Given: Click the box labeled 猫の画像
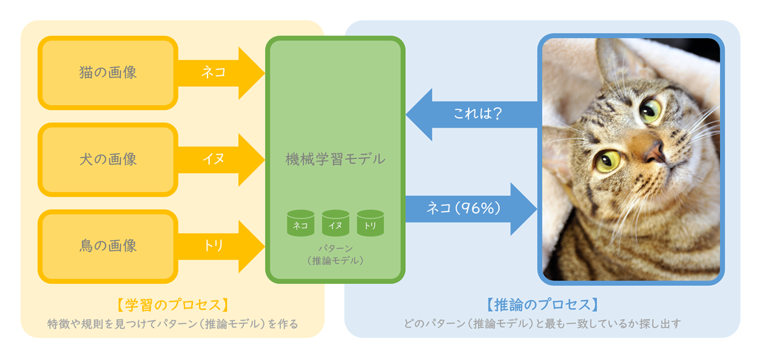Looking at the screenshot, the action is tap(108, 73).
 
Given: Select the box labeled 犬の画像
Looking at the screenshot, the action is tap(108, 160).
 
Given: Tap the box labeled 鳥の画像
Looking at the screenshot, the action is tap(108, 246).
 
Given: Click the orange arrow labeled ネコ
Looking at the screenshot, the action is tap(221, 73).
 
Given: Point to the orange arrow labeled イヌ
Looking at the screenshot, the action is tap(221, 160).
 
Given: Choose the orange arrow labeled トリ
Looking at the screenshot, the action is tap(221, 246).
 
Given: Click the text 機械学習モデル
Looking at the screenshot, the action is tap(335, 159).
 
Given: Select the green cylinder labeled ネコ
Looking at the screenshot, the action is tap(301, 223).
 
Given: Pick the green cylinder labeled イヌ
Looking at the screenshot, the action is tap(335, 223).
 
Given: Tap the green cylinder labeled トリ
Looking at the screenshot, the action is tap(370, 223).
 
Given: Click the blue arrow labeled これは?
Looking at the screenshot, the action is tap(472, 115).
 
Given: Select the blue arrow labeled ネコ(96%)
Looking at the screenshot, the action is tap(471, 209).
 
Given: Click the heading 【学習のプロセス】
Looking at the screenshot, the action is tap(172, 305).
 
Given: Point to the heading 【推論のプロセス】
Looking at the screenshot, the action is tap(542, 305).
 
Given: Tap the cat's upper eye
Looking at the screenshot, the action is tap(650, 111).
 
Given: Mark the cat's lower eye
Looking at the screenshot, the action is tap(608, 162).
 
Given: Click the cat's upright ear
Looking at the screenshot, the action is tap(616, 61).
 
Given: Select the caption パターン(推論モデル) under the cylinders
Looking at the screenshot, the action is tap(335, 255).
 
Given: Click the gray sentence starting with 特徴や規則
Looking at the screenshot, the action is tap(172, 324).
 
